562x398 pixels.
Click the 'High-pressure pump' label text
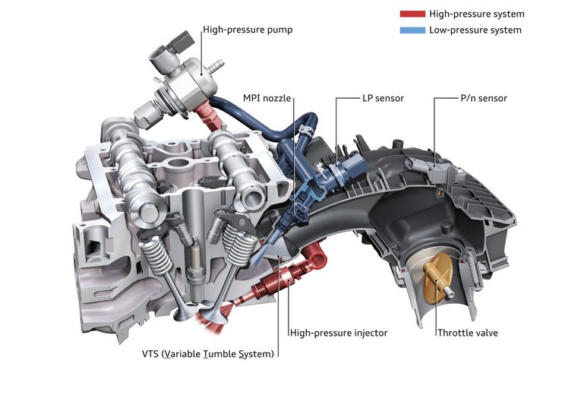pyautogui.click(x=248, y=30)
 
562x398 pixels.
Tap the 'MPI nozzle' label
pyautogui.click(x=267, y=98)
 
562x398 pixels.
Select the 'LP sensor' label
pyautogui.click(x=384, y=98)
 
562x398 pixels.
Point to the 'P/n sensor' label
pyautogui.click(x=484, y=98)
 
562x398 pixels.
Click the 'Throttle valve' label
pyautogui.click(x=468, y=333)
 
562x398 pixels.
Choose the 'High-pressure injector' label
pyautogui.click(x=339, y=333)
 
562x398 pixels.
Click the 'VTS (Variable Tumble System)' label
pyautogui.click(x=208, y=354)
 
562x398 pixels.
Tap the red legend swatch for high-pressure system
pyautogui.click(x=412, y=14)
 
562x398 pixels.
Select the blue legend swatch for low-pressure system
pyautogui.click(x=412, y=30)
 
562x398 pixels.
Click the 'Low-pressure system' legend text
pyautogui.click(x=475, y=30)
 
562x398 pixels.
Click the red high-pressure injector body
pyautogui.click(x=276, y=280)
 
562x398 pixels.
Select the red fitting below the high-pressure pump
pyautogui.click(x=210, y=115)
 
